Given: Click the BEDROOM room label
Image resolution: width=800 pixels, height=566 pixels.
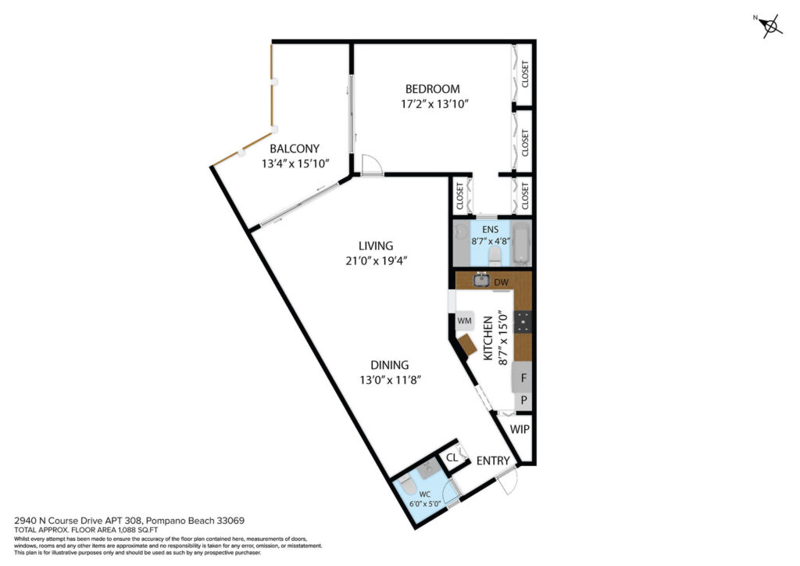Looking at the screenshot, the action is (x=432, y=89).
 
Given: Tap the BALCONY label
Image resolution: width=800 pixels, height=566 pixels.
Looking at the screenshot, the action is (x=295, y=149).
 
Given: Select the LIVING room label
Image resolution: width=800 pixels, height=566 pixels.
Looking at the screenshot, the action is (x=376, y=245).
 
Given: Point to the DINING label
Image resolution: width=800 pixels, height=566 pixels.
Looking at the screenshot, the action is (x=389, y=365).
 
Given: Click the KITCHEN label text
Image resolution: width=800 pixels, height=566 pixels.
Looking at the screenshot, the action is (x=487, y=338).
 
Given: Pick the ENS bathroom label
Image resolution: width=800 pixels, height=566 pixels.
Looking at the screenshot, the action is (x=491, y=230).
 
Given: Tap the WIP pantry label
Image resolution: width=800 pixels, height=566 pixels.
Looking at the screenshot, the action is (x=520, y=429).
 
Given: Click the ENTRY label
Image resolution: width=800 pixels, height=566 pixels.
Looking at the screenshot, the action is (x=493, y=461).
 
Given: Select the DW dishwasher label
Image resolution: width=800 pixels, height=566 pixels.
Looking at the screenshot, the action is (x=501, y=282).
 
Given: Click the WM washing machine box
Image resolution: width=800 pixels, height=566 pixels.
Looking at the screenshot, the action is (x=464, y=321).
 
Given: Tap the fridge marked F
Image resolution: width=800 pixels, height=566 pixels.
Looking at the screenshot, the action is (x=522, y=378).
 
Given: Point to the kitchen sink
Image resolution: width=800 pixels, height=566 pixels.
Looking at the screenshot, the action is (x=481, y=280).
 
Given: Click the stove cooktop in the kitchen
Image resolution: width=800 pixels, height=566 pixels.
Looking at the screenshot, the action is (x=523, y=321).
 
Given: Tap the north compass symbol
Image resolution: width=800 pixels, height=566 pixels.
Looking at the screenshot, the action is (x=770, y=26).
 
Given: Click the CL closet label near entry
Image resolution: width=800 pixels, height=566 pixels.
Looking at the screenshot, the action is (x=452, y=458).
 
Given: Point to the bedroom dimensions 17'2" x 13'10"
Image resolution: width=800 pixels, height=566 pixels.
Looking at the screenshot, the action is (x=434, y=104).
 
